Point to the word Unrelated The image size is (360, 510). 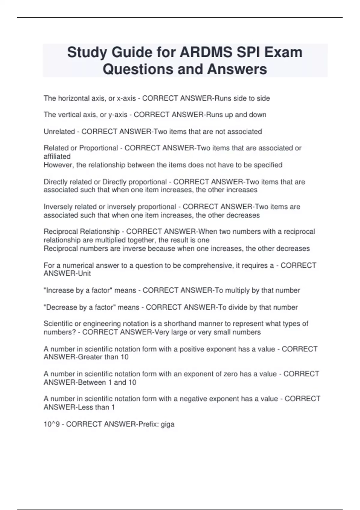click(59, 132)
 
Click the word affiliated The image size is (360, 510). click(57, 156)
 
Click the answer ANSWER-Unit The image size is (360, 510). click(67, 274)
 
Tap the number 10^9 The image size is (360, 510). click(52, 424)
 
